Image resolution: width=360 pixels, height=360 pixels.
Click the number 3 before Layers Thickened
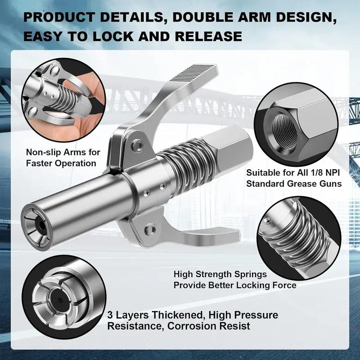[x=110, y=315]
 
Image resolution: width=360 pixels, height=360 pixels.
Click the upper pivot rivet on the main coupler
[x=139, y=145]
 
